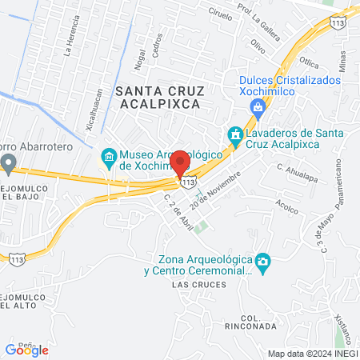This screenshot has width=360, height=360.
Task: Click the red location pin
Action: click(180, 162)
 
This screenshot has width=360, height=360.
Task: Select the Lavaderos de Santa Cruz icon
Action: click(235, 135)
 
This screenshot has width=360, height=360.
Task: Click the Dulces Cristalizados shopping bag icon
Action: click(258, 107)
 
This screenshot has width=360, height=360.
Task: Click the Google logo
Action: click(26, 350)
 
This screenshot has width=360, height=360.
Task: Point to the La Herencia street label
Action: click(70, 40)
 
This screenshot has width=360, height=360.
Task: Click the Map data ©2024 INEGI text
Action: click(311, 354)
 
